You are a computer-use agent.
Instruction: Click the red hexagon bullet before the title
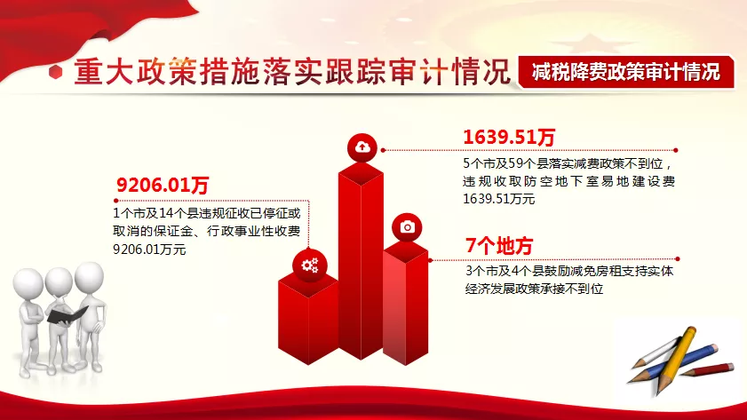click(x=56, y=72)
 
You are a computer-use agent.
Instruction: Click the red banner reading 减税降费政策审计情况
click(x=626, y=73)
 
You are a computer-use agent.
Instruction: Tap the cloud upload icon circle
click(x=362, y=148)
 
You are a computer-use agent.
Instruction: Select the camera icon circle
click(x=407, y=227)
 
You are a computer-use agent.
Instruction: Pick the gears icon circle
click(x=310, y=265)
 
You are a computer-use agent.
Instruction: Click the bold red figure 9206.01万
click(x=163, y=185)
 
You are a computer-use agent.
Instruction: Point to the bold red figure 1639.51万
click(x=509, y=137)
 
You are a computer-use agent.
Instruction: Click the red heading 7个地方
click(x=499, y=246)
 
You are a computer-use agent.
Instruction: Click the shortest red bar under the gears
click(x=308, y=319)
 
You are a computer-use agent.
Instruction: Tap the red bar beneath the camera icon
click(x=406, y=304)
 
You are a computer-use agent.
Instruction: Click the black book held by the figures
click(x=67, y=315)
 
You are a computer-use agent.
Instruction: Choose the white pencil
click(x=656, y=353)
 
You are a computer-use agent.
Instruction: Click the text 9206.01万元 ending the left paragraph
click(x=149, y=249)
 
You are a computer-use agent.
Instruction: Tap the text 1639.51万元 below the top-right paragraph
click(x=499, y=199)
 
